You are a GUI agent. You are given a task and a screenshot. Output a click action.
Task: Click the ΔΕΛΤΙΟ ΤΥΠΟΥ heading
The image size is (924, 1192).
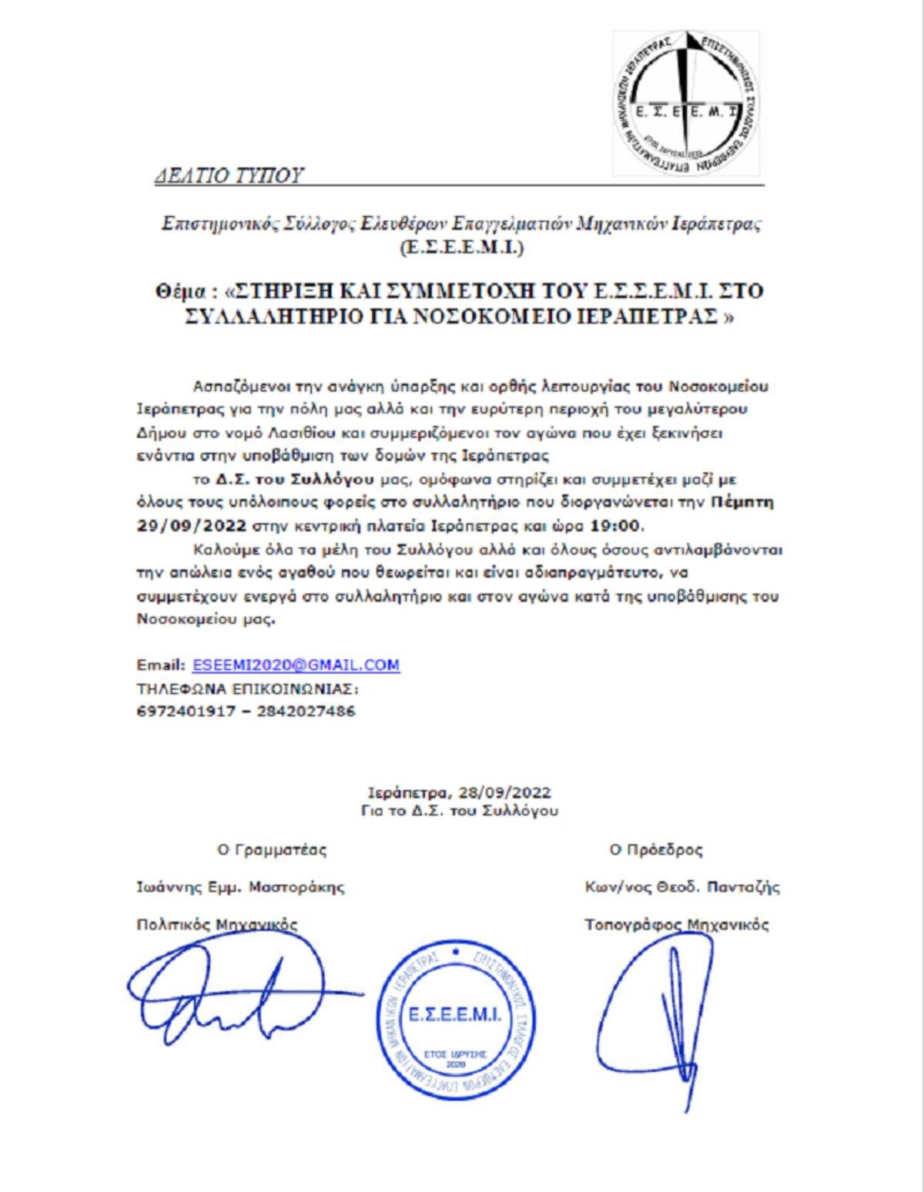pos(229,176)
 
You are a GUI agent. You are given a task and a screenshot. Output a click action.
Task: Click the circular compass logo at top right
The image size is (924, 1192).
pos(685,103)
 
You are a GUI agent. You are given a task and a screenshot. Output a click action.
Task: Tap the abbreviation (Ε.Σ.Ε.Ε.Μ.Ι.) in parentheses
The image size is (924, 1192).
pos(461,247)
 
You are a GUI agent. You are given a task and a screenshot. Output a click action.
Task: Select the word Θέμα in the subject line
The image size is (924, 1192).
pos(180,292)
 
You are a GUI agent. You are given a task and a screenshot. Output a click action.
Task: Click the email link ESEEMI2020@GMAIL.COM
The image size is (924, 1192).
pos(296,665)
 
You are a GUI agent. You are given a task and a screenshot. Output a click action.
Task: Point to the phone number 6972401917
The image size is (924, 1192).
pos(186,712)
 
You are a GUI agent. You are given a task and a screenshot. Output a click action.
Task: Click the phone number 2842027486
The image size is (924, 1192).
pos(306,712)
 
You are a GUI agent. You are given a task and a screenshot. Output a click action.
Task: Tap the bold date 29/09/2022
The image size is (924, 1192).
pos(191,527)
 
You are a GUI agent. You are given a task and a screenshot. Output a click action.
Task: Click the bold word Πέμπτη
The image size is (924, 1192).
pos(742,503)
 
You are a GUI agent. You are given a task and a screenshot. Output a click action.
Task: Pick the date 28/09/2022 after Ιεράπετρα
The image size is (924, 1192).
pos(504,792)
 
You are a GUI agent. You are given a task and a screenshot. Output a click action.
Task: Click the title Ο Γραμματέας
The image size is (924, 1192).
pos(272,850)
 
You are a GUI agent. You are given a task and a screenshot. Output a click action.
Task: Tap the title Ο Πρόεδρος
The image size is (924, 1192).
pos(656,850)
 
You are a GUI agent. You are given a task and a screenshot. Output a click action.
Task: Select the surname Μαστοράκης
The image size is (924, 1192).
pos(296,887)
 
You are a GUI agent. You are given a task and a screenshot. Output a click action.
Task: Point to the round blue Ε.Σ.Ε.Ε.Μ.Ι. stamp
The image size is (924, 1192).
pos(455,1019)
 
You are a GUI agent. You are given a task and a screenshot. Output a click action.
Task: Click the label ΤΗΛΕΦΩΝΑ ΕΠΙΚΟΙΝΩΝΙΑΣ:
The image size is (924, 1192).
pos(247,688)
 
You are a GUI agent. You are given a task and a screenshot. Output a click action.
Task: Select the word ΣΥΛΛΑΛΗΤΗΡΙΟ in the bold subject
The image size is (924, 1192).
pos(273,316)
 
